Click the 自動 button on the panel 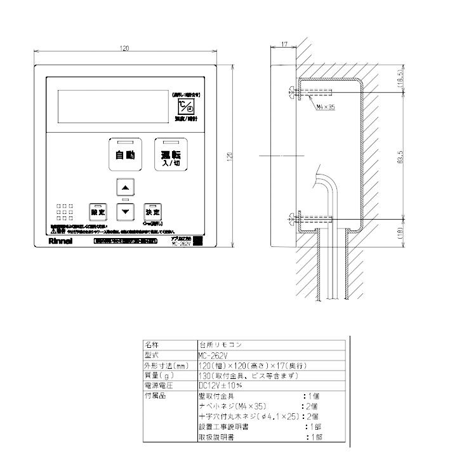[x=124, y=155]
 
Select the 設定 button [x=98, y=211]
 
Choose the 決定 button [x=152, y=211]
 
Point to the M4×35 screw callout [x=325, y=107]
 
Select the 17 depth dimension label [x=283, y=44]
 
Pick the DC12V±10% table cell [x=220, y=385]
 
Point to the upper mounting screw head [x=291, y=93]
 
